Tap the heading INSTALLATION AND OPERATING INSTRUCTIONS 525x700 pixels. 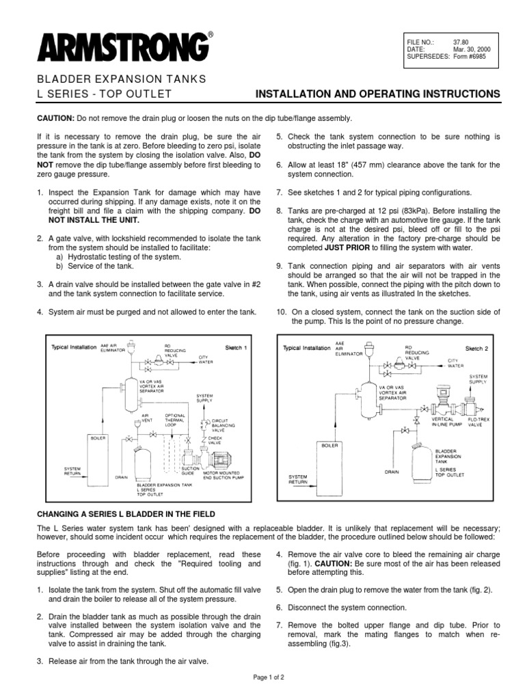(377, 93)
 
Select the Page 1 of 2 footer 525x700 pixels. (262, 675)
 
